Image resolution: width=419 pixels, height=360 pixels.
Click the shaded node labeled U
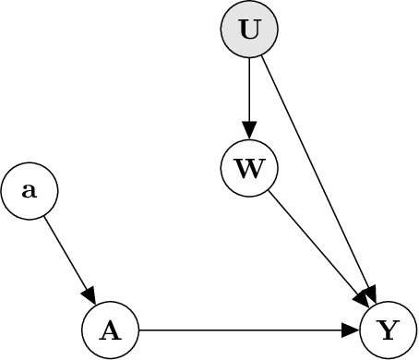[x=249, y=29]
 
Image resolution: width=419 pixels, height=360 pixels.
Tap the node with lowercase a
[x=30, y=191]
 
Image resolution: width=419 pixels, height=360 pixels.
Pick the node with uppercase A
[x=110, y=330]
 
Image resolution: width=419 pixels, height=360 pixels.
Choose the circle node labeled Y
[x=389, y=330]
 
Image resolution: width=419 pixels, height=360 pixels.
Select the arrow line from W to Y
[x=314, y=242]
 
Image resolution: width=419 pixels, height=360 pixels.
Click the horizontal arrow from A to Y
[x=240, y=330]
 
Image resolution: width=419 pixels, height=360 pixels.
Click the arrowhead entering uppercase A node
[x=90, y=294]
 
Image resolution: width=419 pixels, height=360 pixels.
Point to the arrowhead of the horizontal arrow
[x=352, y=330]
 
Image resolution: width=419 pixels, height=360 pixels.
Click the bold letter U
[x=249, y=29]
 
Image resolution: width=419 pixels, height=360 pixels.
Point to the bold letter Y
[x=389, y=330]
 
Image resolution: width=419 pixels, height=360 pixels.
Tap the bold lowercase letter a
[x=30, y=192]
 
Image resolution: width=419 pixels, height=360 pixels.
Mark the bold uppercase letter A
[x=110, y=330]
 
